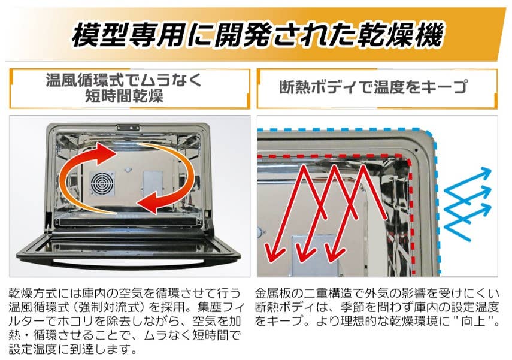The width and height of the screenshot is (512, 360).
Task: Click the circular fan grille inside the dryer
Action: tap(102, 183)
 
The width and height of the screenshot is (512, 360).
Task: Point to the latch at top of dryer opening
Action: tap(128, 128)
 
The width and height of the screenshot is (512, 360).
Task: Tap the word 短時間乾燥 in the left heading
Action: tap(124, 96)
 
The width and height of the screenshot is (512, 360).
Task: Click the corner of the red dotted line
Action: tap(408, 159)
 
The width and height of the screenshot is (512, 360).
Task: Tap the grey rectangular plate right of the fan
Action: tap(153, 183)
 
